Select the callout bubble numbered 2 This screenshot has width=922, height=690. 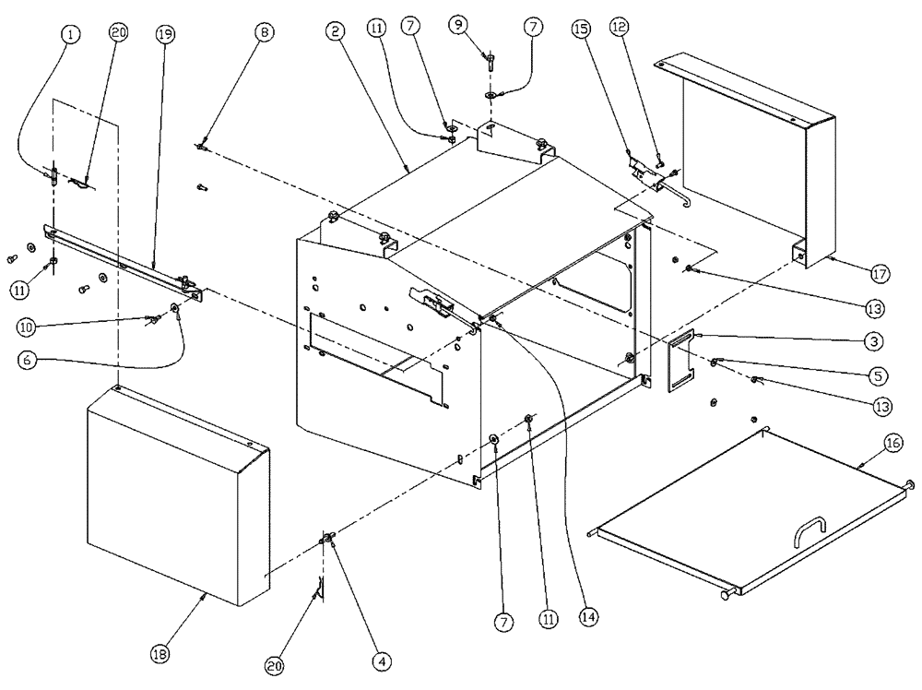(336, 31)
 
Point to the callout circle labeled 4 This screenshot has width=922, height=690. (381, 661)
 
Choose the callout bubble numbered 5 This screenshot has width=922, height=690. (877, 375)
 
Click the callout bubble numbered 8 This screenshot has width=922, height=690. (265, 32)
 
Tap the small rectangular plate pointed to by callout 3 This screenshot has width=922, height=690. (683, 364)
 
